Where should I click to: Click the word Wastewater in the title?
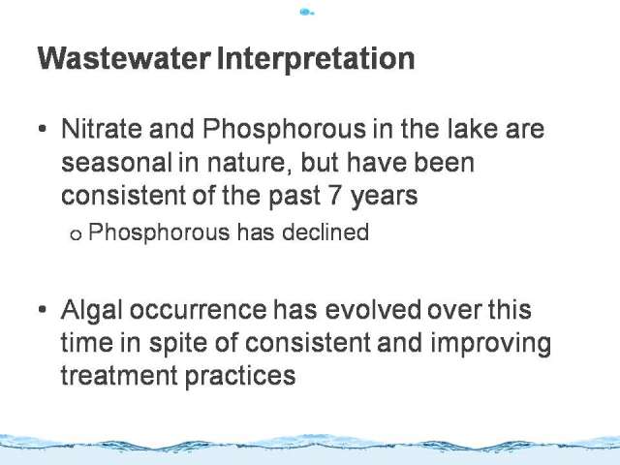point(124,58)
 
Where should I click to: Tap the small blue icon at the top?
point(307,13)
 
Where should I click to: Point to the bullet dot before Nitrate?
point(43,129)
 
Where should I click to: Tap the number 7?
point(335,196)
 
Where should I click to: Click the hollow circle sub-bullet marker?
point(76,234)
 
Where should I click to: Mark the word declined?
point(325,232)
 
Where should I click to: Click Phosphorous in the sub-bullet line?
point(159,232)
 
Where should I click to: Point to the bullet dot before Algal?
point(43,309)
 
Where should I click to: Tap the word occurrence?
point(198,310)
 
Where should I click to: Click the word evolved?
point(373,309)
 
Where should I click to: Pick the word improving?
point(491,344)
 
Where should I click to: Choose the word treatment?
point(119,375)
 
